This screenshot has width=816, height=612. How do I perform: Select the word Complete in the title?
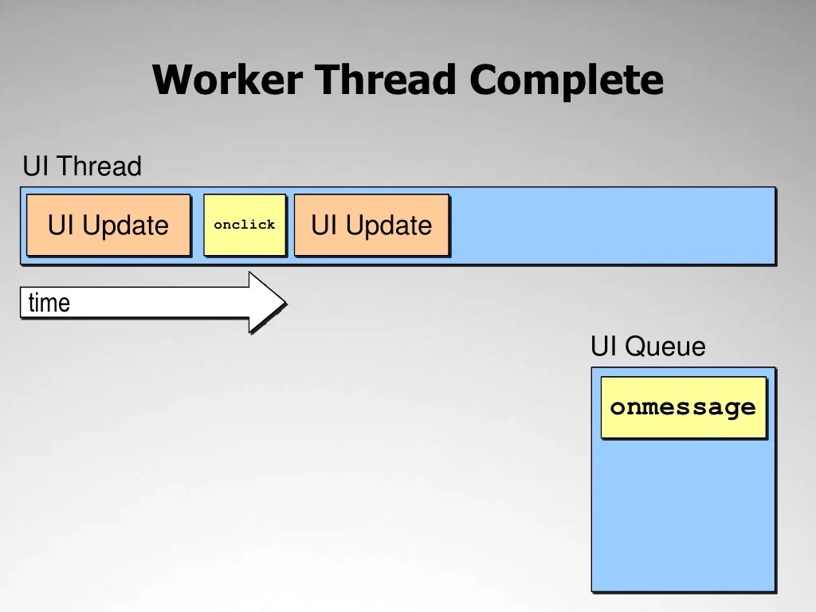(566, 80)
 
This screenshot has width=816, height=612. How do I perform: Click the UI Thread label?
(82, 167)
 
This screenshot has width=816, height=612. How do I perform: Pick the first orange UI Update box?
(108, 226)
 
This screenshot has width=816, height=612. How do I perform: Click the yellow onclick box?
(245, 226)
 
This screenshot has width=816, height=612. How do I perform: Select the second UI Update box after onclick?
(371, 226)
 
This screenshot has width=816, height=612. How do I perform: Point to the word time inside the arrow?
(49, 303)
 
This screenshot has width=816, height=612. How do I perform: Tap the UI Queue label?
(648, 347)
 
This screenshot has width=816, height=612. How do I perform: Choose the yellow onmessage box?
(683, 407)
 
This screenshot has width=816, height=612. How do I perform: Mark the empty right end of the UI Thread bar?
(614, 226)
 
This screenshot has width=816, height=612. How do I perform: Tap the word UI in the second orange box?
(324, 226)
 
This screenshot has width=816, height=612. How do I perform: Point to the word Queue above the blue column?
(665, 347)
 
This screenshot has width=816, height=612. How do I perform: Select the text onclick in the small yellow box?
(245, 226)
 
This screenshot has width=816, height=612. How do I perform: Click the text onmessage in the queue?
(683, 407)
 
